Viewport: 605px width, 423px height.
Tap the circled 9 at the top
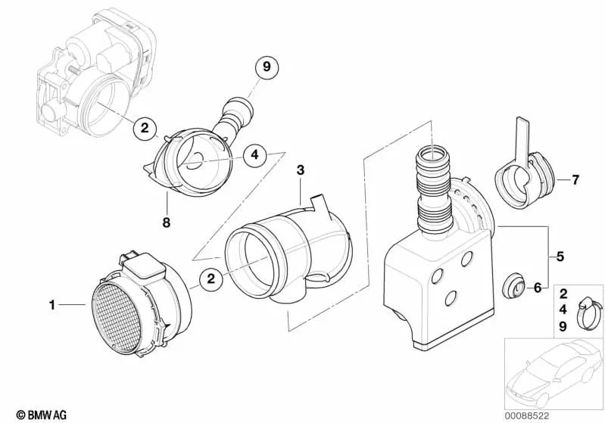tap(266, 68)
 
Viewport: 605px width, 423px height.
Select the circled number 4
tap(255, 155)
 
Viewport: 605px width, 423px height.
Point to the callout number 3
tap(301, 172)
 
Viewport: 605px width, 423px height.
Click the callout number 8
tap(165, 222)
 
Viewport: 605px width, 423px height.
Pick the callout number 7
tap(575, 180)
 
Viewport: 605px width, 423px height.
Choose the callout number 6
tap(537, 288)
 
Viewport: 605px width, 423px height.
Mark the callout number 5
tap(560, 257)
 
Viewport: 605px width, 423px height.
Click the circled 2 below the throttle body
tap(145, 128)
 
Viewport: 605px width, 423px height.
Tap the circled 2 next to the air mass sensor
tap(213, 281)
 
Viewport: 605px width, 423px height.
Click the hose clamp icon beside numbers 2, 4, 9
tap(585, 312)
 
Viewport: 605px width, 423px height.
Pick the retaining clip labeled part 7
tap(522, 178)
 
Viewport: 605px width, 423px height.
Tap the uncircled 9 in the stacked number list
tap(562, 327)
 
